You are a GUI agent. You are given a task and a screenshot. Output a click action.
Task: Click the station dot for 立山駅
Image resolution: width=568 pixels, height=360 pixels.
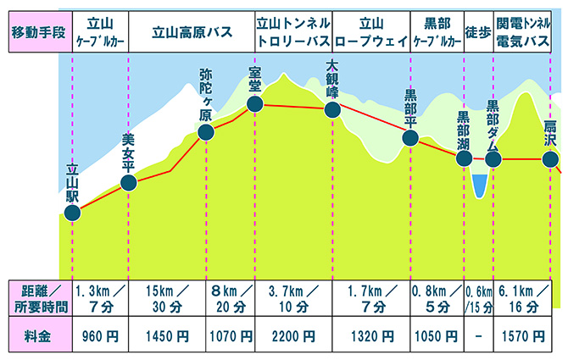click(72, 213)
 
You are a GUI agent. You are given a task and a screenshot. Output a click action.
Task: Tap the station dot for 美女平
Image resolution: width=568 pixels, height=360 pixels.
click(129, 182)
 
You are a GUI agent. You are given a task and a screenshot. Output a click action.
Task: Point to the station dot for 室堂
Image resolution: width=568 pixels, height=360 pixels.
click(253, 104)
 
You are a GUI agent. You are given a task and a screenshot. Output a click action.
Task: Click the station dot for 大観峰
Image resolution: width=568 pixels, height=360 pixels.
click(332, 109)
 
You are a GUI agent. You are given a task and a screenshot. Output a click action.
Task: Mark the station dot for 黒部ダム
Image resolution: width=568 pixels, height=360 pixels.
click(493, 159)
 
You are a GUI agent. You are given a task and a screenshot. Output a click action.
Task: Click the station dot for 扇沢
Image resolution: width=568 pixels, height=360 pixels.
click(550, 159)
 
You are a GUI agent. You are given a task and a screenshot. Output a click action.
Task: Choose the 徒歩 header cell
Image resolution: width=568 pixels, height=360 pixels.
click(477, 33)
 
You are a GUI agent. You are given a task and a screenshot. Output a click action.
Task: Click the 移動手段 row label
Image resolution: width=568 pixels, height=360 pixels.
click(36, 33)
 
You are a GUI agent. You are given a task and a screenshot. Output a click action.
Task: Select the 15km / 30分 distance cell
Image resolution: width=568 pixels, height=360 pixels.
click(167, 299)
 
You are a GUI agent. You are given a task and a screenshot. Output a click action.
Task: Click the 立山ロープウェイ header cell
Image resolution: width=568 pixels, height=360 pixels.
click(371, 33)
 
